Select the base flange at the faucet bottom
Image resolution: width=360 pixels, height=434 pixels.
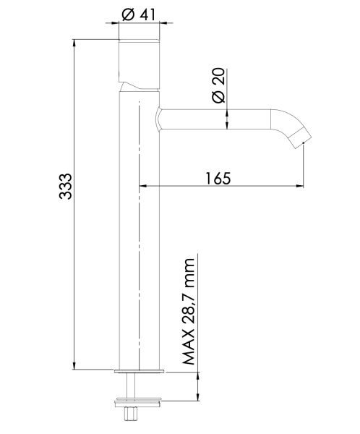coord(139,372)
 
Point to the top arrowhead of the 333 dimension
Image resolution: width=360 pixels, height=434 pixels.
coord(75,43)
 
